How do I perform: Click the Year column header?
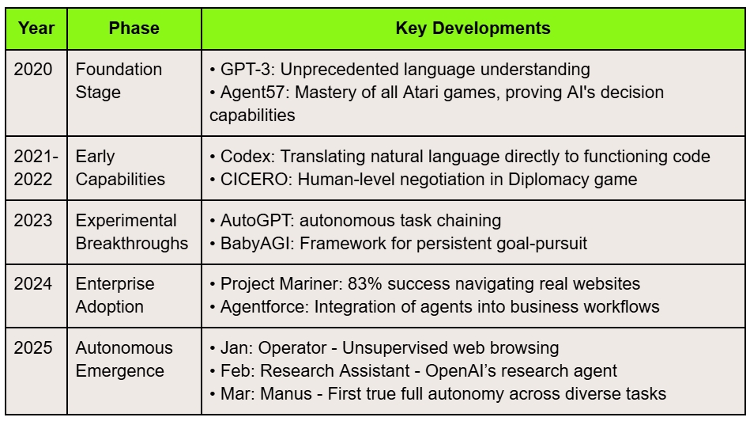coord(36,28)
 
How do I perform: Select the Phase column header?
coord(134,28)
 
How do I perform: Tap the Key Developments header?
coord(473,28)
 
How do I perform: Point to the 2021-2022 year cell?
coord(36,168)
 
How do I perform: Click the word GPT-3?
coord(245,70)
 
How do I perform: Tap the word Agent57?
coord(253,93)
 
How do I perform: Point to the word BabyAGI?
coord(255,243)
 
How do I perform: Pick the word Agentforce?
coord(262,306)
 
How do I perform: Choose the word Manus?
coord(286,394)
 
